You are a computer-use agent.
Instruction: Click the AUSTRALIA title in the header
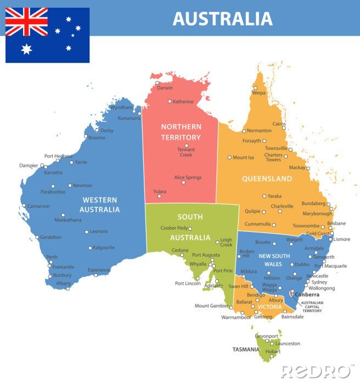(222, 18)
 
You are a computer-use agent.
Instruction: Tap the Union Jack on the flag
(26, 21)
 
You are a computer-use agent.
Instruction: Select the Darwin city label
(165, 88)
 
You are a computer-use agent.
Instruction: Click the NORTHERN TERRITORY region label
(181, 132)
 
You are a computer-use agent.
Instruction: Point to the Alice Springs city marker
(183, 183)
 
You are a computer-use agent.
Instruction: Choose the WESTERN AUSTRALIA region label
(99, 205)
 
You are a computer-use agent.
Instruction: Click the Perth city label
(52, 257)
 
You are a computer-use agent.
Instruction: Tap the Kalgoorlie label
(104, 247)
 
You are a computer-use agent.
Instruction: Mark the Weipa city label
(258, 93)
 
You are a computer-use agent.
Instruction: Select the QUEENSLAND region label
(267, 179)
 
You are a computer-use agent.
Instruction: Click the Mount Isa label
(243, 157)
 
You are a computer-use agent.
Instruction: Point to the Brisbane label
(336, 223)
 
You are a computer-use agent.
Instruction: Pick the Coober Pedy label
(174, 228)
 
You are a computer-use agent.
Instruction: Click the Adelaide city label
(213, 286)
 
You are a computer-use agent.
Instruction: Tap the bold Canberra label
(307, 295)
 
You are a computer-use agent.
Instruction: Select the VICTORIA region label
(269, 307)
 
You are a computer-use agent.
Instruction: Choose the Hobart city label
(272, 351)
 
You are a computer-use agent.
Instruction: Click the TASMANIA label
(246, 349)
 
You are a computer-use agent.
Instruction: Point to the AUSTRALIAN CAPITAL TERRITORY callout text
(312, 307)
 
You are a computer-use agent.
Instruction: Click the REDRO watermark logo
(316, 371)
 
